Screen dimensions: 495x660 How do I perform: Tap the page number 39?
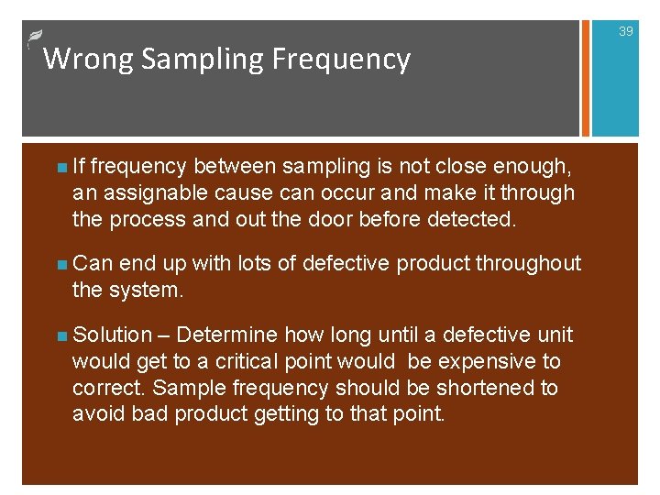click(x=626, y=31)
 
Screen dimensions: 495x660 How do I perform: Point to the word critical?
click(x=274, y=362)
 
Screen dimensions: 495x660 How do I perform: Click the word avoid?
click(x=99, y=413)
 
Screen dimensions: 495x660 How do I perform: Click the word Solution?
click(x=112, y=335)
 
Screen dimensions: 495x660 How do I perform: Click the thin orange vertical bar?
click(x=580, y=79)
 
